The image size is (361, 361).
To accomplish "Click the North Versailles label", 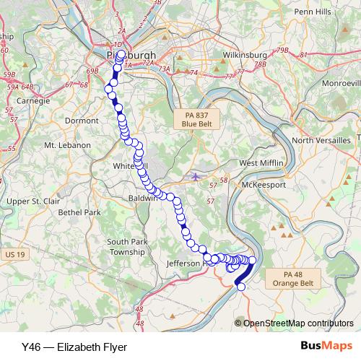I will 321,139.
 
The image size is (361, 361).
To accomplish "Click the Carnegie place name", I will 32,101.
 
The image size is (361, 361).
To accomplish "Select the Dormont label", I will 82,121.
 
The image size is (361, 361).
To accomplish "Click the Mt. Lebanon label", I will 67,145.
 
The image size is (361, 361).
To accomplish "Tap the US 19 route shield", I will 14,254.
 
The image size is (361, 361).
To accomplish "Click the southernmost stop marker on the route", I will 241,287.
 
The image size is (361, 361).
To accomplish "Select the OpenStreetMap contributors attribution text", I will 298,323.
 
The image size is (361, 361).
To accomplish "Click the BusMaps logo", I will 326,347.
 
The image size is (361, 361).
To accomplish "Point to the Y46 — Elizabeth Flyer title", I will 70,347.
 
